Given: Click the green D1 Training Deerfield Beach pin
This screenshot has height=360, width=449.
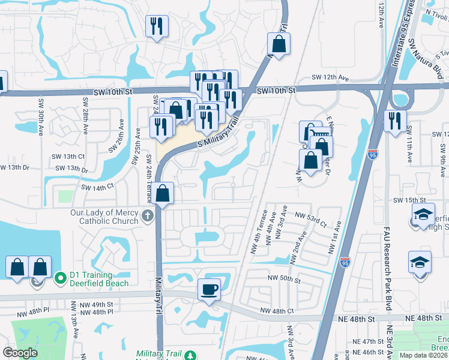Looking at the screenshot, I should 60,278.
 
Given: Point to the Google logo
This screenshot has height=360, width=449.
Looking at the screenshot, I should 19,353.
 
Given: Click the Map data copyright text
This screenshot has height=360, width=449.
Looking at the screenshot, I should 423,355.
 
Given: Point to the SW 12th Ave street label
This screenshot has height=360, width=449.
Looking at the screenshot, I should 330,78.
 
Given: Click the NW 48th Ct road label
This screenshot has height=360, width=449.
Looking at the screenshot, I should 277,311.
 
